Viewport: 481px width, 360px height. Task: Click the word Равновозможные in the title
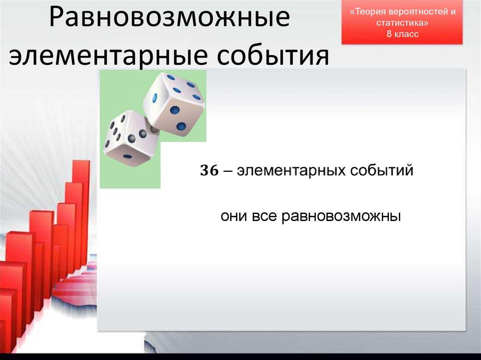pyautogui.click(x=170, y=20)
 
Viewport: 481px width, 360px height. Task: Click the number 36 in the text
pyautogui.click(x=209, y=171)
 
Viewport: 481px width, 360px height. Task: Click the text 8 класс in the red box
pyautogui.click(x=403, y=34)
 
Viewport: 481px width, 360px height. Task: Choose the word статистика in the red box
pyautogui.click(x=403, y=23)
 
